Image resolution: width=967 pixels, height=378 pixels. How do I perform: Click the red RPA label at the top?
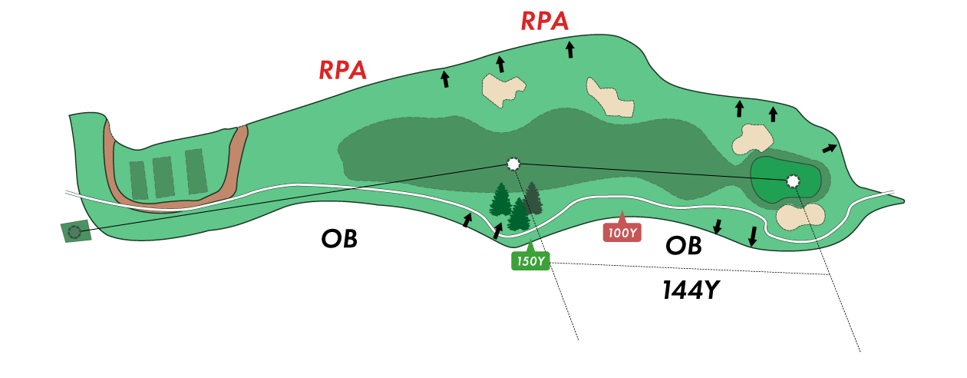pyautogui.click(x=545, y=22)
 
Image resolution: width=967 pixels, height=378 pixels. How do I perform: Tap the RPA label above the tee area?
pyautogui.click(x=343, y=70)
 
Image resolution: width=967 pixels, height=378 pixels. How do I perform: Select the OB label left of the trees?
pyautogui.click(x=339, y=239)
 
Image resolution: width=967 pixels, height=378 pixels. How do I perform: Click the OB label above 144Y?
pyautogui.click(x=683, y=245)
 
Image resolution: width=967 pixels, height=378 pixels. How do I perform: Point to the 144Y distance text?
pyautogui.click(x=691, y=290)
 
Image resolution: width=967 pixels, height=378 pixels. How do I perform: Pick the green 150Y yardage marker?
pyautogui.click(x=530, y=260)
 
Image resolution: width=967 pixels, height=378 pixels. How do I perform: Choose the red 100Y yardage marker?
pyautogui.click(x=622, y=232)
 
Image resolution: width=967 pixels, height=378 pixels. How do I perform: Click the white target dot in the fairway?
pyautogui.click(x=513, y=164)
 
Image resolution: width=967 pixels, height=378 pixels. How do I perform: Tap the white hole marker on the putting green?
pyautogui.click(x=793, y=181)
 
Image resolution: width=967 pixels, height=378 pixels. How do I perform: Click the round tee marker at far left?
pyautogui.click(x=74, y=231)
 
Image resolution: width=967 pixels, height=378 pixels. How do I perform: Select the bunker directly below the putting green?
pyautogui.click(x=800, y=217)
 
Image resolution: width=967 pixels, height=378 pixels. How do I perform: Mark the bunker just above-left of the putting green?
pyautogui.click(x=753, y=139)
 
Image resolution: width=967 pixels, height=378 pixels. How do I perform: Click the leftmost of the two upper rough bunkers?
pyautogui.click(x=503, y=90)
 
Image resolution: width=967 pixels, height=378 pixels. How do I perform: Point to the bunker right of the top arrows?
pyautogui.click(x=611, y=98)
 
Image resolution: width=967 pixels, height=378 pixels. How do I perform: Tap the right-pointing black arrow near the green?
pyautogui.click(x=830, y=148)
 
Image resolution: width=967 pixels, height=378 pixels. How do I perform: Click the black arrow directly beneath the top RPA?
pyautogui.click(x=570, y=50)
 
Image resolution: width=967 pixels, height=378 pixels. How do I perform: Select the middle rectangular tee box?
pyautogui.click(x=163, y=177)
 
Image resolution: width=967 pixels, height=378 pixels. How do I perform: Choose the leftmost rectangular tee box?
pyautogui.click(x=139, y=181)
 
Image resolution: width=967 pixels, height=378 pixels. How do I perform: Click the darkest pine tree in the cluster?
pyautogui.click(x=532, y=199)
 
